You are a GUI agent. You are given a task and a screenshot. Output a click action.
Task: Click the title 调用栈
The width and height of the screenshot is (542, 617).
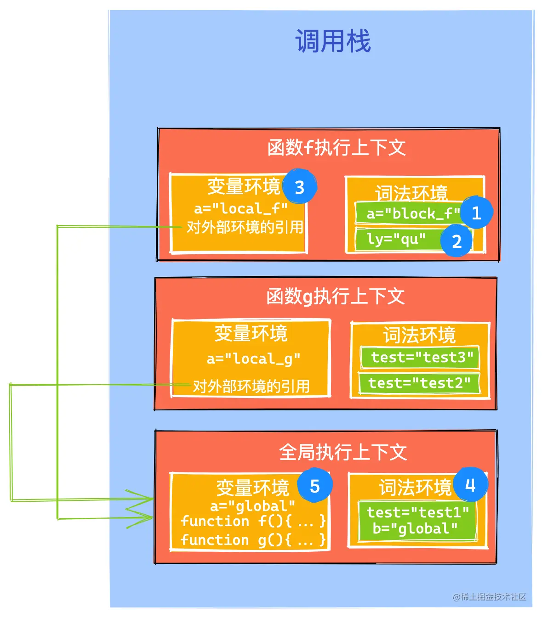click(x=333, y=41)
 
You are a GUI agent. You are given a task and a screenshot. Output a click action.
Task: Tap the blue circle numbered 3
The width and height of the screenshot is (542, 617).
click(x=300, y=187)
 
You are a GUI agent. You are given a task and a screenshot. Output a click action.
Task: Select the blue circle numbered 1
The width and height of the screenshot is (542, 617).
click(x=476, y=213)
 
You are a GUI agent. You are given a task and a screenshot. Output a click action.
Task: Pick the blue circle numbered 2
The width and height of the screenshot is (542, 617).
click(x=456, y=241)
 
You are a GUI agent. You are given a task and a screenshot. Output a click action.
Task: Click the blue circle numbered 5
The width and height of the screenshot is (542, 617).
click(x=314, y=486)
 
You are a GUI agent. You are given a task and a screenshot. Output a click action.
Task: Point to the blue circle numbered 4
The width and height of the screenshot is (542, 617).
click(x=470, y=485)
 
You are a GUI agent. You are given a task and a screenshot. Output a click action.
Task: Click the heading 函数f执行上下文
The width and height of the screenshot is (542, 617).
click(x=336, y=148)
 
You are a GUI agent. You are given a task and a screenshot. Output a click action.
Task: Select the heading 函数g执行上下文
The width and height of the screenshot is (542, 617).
click(x=335, y=297)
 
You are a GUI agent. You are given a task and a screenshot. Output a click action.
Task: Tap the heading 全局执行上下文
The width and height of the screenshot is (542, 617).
click(x=342, y=452)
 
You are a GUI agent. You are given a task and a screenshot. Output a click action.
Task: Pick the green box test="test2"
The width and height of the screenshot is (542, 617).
click(x=419, y=383)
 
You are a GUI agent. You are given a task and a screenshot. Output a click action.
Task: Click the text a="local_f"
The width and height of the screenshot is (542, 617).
click(x=240, y=209)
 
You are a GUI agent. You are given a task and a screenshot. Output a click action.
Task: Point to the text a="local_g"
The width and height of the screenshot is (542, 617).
click(x=253, y=359)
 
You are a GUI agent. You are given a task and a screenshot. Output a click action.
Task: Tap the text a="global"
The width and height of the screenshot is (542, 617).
click(x=252, y=506)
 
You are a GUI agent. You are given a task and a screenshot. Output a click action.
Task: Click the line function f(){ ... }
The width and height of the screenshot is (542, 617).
click(x=253, y=522)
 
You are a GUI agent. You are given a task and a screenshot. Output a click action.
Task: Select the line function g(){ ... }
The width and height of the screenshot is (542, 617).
click(x=253, y=540)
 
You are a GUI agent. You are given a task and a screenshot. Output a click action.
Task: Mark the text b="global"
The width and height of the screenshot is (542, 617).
click(x=415, y=529)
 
